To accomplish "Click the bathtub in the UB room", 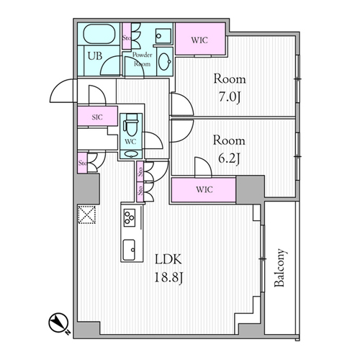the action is [x=99, y=34].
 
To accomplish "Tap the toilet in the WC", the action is [x=131, y=125].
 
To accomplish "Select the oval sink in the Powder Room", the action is [x=165, y=61].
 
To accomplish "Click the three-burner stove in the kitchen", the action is [x=130, y=217].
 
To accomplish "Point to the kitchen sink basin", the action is [x=129, y=250].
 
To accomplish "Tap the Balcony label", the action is [x=279, y=268].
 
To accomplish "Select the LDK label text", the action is [x=168, y=259].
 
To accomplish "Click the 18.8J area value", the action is [x=168, y=278].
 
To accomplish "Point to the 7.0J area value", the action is [x=230, y=97].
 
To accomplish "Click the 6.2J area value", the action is [x=229, y=158].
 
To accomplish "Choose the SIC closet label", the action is [x=97, y=117].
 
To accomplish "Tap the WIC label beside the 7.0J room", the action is [x=199, y=40].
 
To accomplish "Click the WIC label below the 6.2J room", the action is [x=204, y=189].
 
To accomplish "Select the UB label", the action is [x=95, y=56].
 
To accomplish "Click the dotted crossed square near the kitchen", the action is [x=87, y=215].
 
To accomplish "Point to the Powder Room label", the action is [x=143, y=59].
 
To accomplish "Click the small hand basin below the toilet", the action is [x=131, y=153].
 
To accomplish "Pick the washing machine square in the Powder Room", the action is [x=163, y=36].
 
